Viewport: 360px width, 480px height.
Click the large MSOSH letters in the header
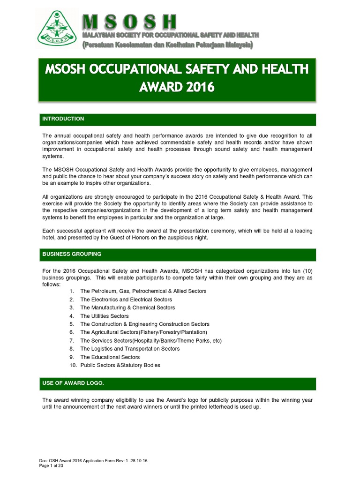click(130, 22)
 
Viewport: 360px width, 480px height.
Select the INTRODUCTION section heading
click(63, 119)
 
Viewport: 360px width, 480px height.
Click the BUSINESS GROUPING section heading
click(72, 254)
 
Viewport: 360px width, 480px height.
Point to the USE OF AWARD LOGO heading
click(73, 383)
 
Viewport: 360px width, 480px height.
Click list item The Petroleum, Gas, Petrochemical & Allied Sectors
click(143, 291)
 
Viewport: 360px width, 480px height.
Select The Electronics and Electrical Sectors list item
click(126, 300)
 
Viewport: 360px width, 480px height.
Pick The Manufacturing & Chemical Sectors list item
click(127, 307)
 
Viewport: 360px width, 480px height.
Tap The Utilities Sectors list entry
click(104, 316)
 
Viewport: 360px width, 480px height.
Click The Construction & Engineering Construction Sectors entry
click(144, 324)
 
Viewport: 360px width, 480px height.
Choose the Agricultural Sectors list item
click(143, 332)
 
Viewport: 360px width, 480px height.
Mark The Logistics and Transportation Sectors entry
click(130, 349)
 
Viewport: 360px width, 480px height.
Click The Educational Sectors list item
click(110, 357)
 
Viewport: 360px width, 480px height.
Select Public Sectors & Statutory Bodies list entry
click(120, 365)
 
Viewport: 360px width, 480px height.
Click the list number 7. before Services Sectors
click(72, 340)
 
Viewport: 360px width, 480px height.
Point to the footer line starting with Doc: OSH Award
click(94, 461)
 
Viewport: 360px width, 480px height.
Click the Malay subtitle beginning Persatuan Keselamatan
click(168, 45)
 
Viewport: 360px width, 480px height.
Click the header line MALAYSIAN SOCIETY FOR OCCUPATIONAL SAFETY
click(170, 36)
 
